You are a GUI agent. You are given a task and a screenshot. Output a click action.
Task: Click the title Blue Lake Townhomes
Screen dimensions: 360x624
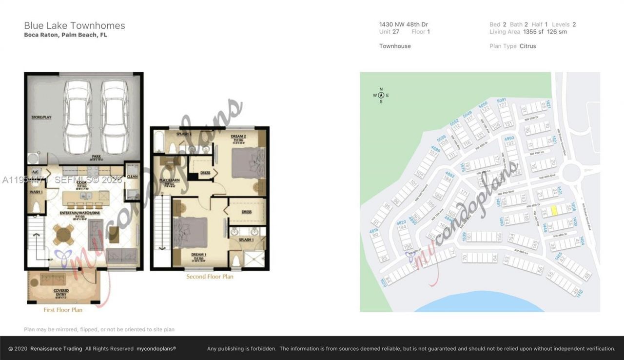tap(75, 26)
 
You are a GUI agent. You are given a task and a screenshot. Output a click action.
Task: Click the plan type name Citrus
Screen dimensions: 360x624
tap(527, 46)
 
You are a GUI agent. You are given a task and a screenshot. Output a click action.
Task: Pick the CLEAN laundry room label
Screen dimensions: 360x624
tap(132, 177)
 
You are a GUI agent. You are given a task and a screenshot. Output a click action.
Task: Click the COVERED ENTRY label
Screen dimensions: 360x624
tap(61, 292)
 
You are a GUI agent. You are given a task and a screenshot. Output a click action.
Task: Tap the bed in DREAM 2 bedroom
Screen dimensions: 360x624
tap(248, 163)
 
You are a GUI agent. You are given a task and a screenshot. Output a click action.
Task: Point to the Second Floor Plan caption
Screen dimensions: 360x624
tap(210, 277)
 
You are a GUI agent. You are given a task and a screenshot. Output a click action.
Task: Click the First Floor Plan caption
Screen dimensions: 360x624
tap(63, 310)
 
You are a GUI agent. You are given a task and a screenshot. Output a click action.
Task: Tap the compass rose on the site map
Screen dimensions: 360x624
tap(381, 95)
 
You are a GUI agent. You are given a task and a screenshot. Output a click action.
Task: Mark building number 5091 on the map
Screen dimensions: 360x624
tap(502, 100)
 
